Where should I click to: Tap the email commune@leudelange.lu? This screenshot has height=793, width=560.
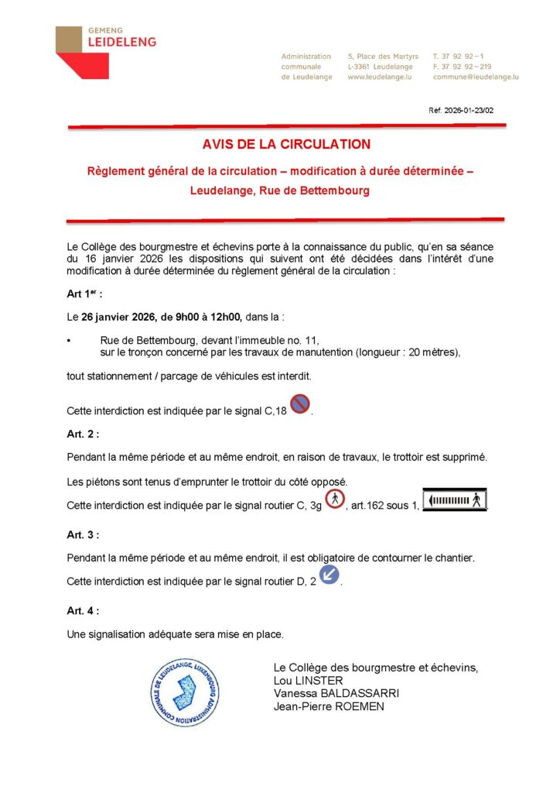[x=475, y=77]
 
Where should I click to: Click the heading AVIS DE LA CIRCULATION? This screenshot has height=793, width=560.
[x=286, y=144]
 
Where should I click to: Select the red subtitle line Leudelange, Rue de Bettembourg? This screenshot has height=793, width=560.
[x=279, y=190]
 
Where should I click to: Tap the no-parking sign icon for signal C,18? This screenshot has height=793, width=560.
[x=300, y=403]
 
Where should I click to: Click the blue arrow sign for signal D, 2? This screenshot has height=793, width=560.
[x=330, y=575]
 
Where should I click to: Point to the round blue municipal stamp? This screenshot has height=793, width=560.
[x=185, y=692]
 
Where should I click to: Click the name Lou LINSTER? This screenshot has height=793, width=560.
[x=307, y=680]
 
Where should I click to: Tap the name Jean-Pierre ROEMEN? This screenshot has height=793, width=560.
[x=329, y=706]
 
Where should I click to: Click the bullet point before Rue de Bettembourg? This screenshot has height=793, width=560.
[x=70, y=340]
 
